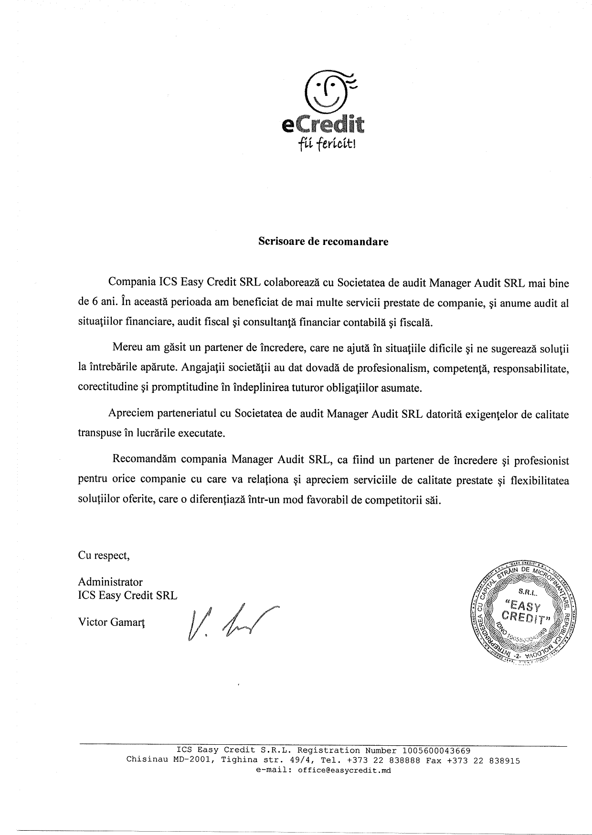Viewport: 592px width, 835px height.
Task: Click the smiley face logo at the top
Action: [328, 91]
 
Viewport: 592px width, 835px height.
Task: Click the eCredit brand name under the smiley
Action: [323, 125]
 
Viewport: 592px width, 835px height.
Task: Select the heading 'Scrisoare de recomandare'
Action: [323, 241]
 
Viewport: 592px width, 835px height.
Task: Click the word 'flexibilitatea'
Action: [539, 480]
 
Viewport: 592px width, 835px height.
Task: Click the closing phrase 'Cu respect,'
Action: [104, 555]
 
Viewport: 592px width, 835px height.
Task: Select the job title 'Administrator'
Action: [110, 582]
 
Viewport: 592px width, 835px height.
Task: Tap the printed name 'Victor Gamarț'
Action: [112, 623]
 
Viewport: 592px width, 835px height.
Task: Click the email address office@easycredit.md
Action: [344, 770]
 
